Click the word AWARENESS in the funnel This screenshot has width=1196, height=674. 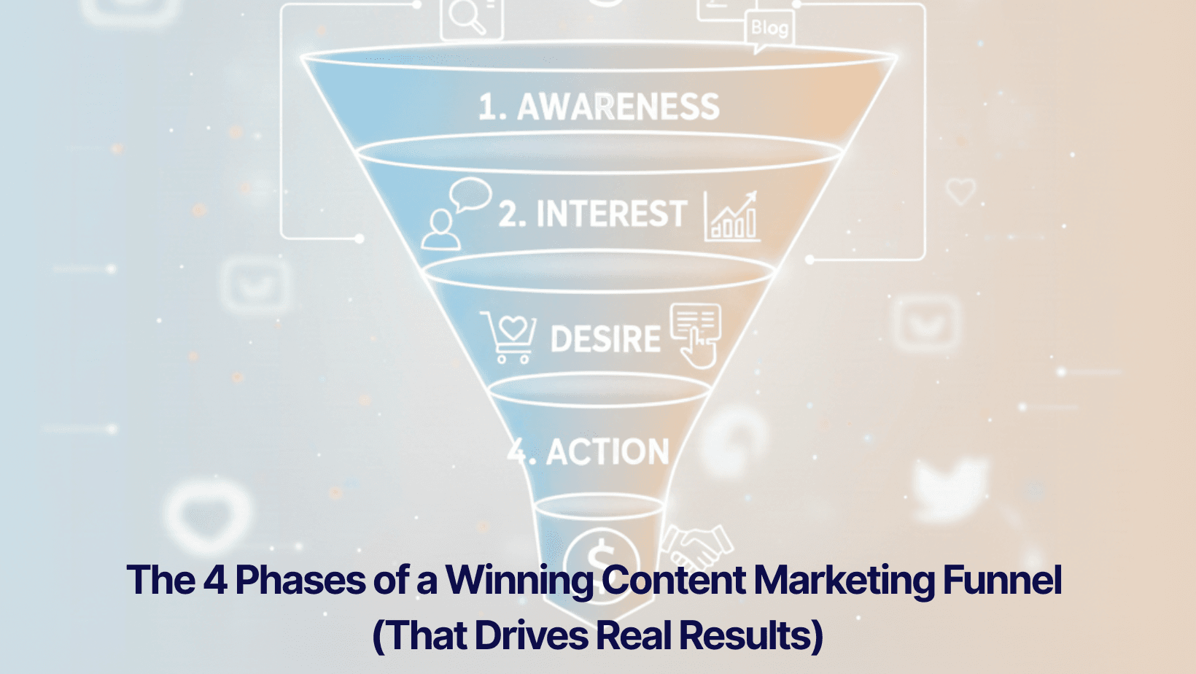[618, 107]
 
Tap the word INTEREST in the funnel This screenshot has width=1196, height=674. [611, 214]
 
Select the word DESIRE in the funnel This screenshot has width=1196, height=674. [605, 340]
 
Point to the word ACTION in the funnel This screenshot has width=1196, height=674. [607, 452]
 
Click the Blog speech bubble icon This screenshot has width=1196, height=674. [769, 30]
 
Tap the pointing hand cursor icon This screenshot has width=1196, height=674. [696, 336]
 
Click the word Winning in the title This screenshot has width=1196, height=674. [519, 581]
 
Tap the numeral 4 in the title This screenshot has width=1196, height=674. [215, 581]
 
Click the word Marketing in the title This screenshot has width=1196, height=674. [844, 581]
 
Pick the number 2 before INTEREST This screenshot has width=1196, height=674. [510, 214]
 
